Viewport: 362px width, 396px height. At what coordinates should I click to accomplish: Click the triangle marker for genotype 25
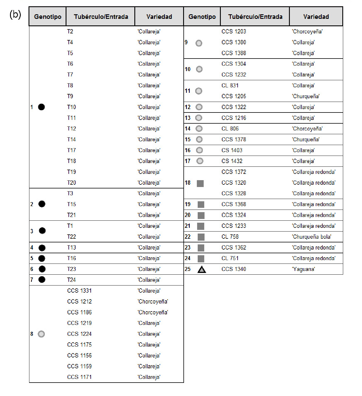(x=202, y=269)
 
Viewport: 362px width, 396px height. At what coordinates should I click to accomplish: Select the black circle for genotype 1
(x=41, y=107)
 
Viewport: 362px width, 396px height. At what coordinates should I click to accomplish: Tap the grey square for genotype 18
(x=200, y=183)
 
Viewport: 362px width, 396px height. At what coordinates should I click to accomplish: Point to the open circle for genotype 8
(x=41, y=334)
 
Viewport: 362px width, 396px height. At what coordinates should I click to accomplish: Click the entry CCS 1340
(x=234, y=269)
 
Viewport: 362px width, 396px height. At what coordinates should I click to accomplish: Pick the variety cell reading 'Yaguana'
(x=303, y=269)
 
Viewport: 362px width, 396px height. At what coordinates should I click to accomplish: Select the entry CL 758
(x=230, y=237)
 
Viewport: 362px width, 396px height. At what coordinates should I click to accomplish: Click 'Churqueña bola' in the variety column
(x=312, y=237)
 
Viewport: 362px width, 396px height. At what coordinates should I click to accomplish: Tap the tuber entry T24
(x=72, y=280)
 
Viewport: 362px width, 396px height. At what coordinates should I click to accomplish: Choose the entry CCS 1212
(x=80, y=301)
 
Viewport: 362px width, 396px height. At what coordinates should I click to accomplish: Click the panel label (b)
(x=15, y=14)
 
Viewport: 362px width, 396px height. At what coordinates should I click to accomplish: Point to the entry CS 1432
(x=232, y=161)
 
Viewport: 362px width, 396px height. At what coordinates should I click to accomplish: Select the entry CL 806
(x=230, y=129)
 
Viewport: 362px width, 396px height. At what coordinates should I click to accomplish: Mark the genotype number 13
(x=187, y=118)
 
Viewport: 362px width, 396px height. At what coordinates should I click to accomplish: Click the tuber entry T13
(x=72, y=248)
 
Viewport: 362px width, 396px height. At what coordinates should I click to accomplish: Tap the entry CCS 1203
(x=234, y=31)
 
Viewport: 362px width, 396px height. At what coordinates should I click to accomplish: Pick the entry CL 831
(x=230, y=85)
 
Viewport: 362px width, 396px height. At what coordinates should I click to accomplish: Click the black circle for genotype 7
(x=42, y=280)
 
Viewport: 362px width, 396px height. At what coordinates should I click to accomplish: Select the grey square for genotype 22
(x=201, y=237)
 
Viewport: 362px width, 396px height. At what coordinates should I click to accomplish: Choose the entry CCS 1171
(x=80, y=377)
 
